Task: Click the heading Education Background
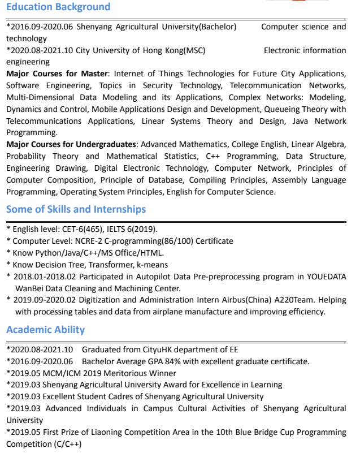[x=58, y=7]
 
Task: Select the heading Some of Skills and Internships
[x=76, y=209]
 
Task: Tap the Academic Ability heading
[x=45, y=330]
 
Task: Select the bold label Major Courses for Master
[x=57, y=74]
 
